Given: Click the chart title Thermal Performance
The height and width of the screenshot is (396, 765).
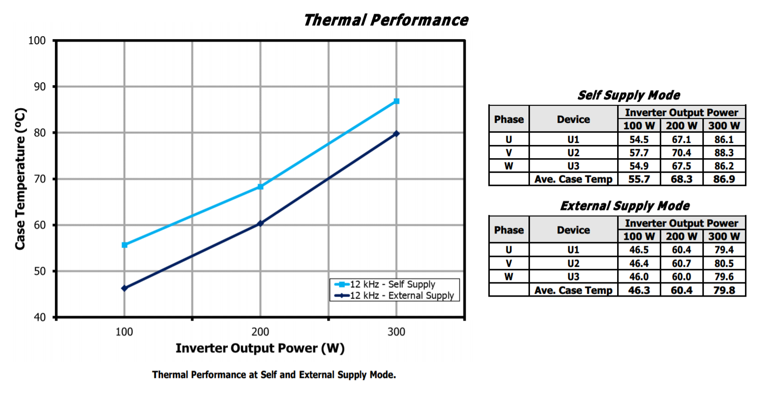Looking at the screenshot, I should (x=385, y=20).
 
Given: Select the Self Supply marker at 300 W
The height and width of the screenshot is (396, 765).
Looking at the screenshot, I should (x=396, y=101).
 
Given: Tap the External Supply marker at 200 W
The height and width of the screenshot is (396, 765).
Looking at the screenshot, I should (x=260, y=223).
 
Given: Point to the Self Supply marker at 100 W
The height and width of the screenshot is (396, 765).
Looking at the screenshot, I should (x=124, y=245).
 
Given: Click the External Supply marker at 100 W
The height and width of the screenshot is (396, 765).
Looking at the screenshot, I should (x=124, y=288).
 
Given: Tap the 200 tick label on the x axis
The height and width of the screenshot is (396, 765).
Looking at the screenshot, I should (x=260, y=332).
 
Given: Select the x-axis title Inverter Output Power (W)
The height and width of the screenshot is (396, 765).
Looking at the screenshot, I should (x=260, y=349).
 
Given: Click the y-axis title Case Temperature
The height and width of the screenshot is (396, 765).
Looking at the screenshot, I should (x=20, y=179).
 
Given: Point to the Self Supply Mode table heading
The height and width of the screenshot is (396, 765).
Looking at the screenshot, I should (x=628, y=95).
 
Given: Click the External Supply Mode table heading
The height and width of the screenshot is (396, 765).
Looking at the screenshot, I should (x=624, y=206).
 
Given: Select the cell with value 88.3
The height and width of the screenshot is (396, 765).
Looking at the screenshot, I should (x=724, y=153).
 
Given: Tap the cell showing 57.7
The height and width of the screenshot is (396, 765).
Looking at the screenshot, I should (x=639, y=153).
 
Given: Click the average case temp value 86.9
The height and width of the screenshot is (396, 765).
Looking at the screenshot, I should (x=724, y=179).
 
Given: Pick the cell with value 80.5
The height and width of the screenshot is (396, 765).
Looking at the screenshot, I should (x=724, y=263).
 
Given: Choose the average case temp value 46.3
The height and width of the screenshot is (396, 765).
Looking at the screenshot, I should (x=639, y=290).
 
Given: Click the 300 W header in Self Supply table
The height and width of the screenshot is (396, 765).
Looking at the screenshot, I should (x=724, y=126).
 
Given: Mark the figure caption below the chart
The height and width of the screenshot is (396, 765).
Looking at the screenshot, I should (x=274, y=375).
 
